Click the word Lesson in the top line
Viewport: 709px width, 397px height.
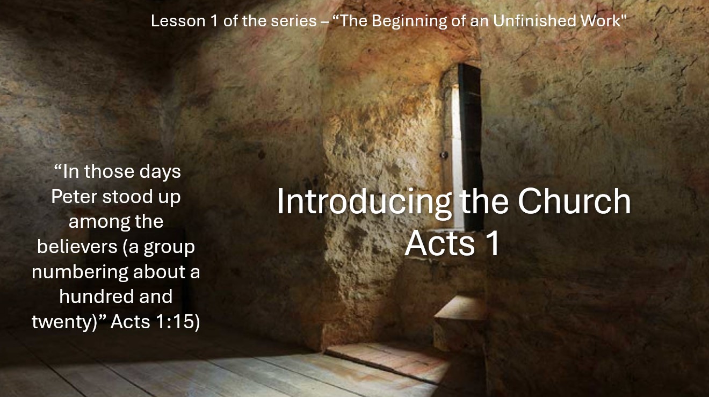click(x=178, y=21)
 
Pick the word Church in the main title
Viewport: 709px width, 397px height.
click(x=574, y=201)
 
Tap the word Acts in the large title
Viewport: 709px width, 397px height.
click(x=440, y=243)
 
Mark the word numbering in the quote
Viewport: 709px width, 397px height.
click(x=80, y=272)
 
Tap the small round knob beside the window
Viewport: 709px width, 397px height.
click(x=444, y=155)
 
